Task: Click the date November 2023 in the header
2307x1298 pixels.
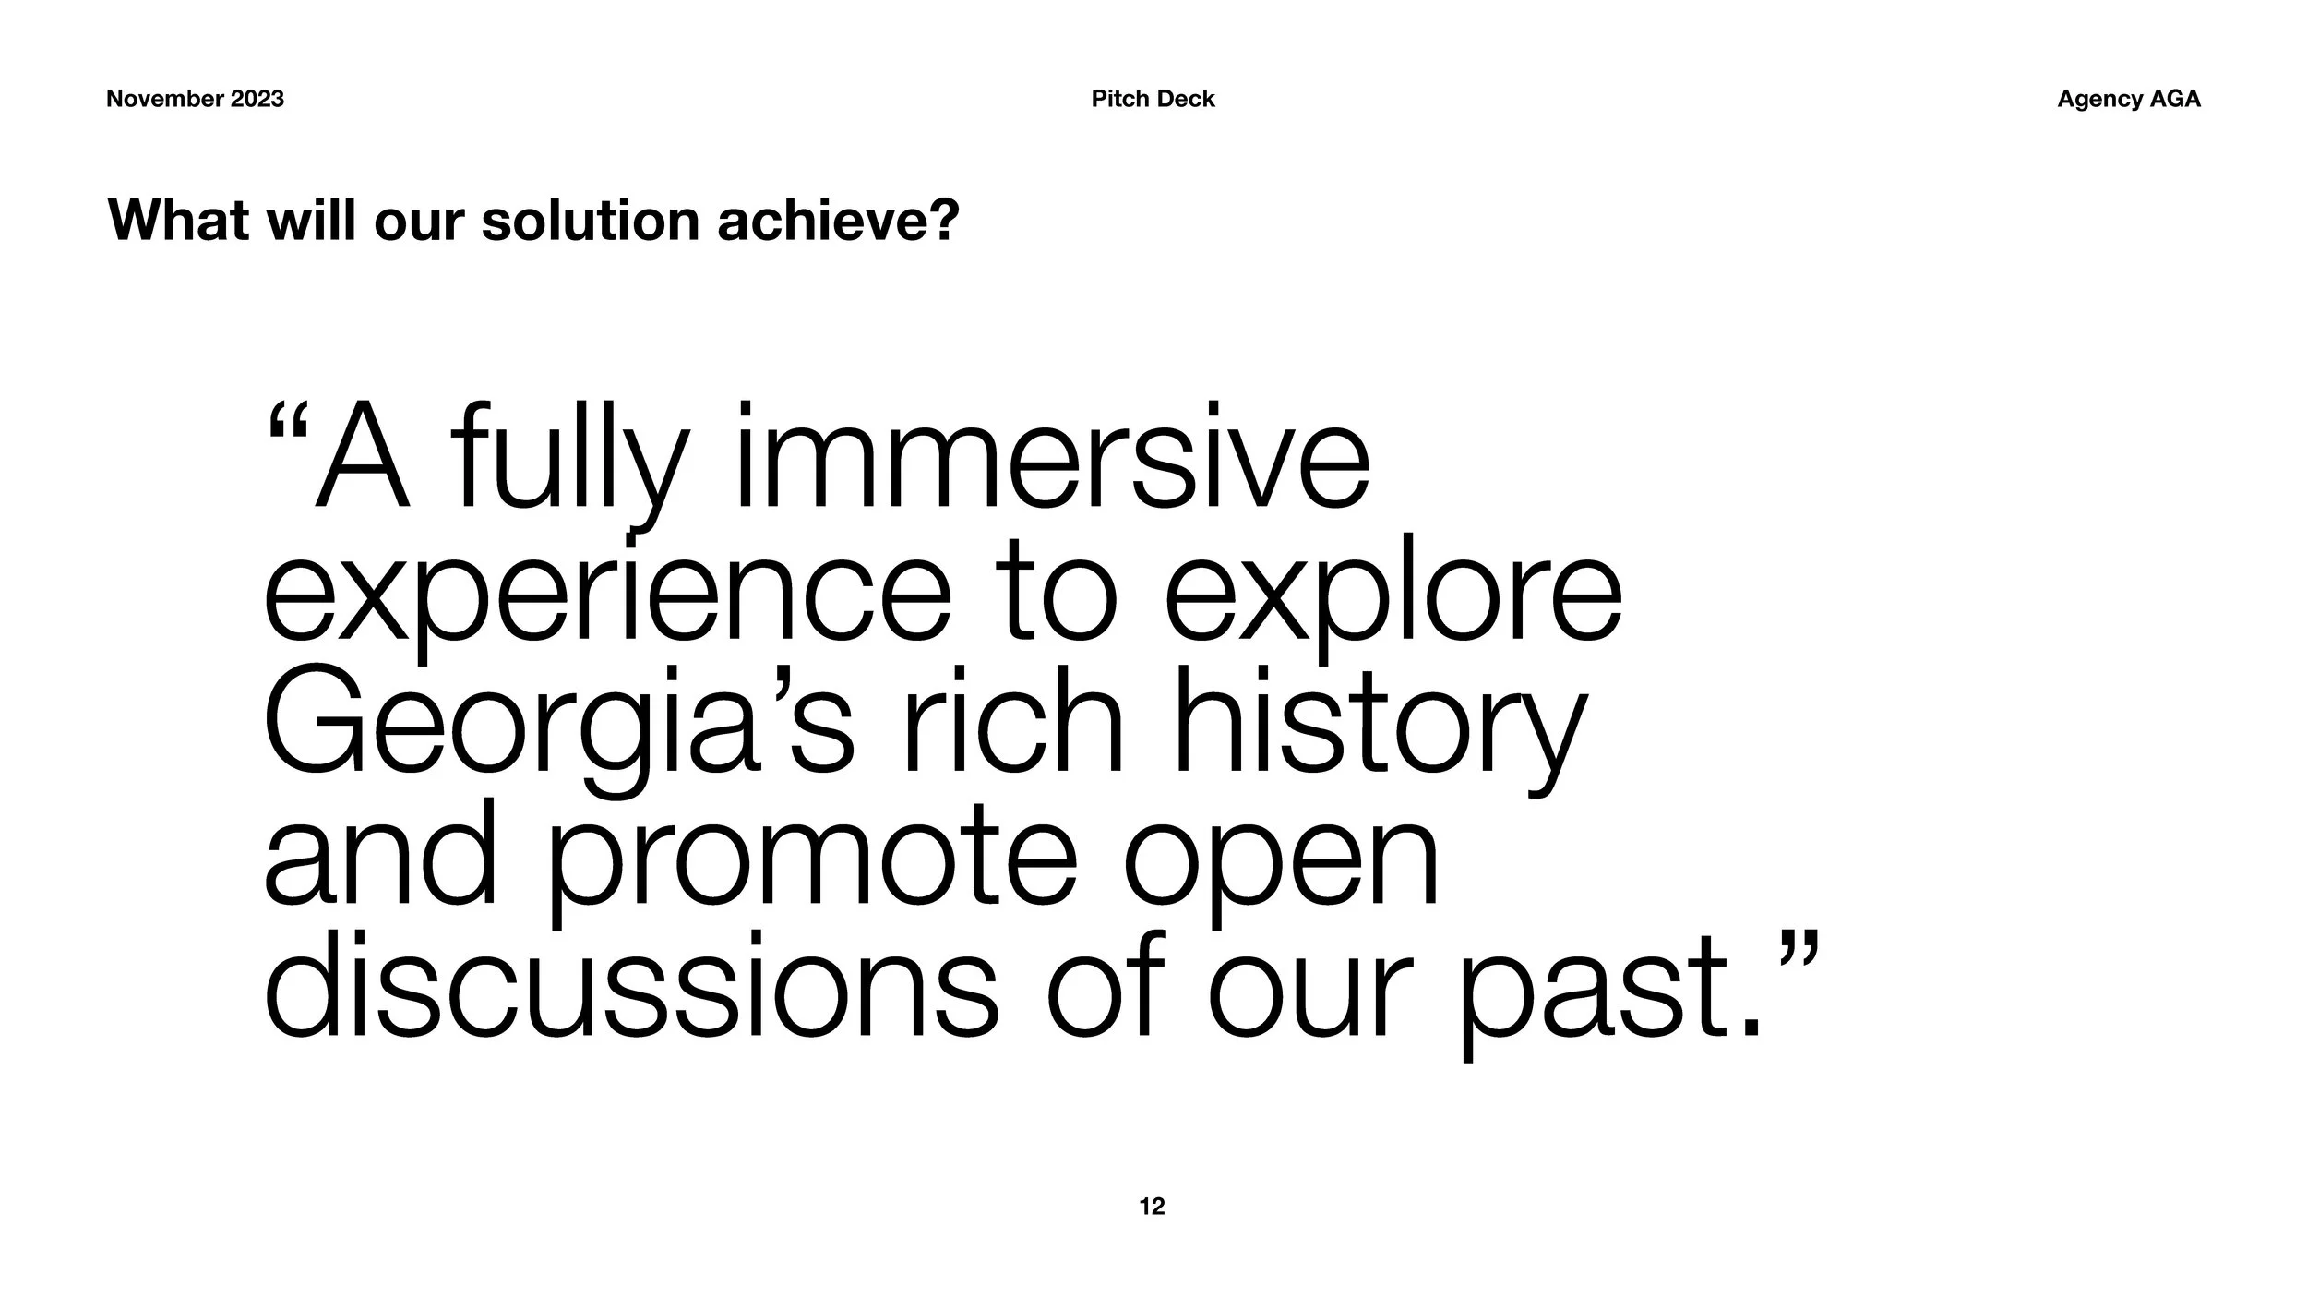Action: coord(195,99)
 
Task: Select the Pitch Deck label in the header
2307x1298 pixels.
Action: coord(1153,99)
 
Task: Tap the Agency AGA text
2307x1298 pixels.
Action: coord(2128,99)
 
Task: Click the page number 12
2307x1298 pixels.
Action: coord(1152,1207)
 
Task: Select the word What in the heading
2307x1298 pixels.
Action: coord(179,221)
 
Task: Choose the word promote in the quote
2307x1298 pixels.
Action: coord(812,863)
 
